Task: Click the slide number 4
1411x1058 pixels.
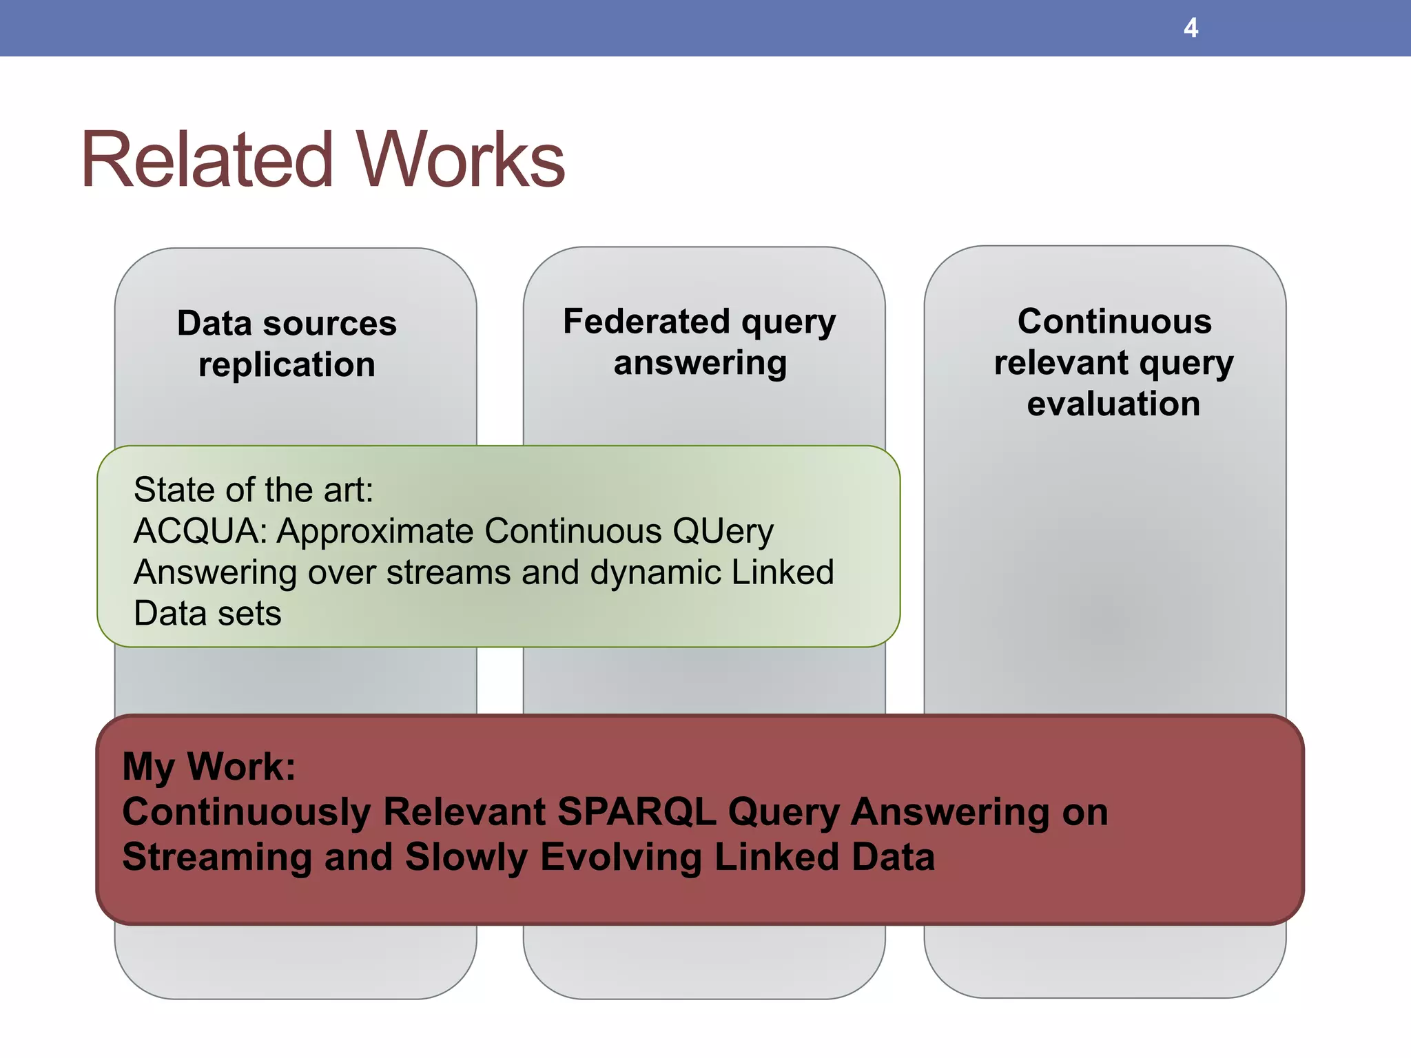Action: tap(1191, 28)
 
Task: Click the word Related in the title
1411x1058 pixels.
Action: tap(207, 160)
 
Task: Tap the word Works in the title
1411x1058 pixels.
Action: tap(460, 160)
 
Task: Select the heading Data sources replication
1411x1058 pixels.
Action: tap(287, 344)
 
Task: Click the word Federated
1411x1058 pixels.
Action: tap(646, 322)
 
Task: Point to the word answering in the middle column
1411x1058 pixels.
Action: tap(700, 363)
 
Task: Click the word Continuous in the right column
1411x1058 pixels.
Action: tap(1114, 322)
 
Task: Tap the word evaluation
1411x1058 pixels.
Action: tap(1113, 404)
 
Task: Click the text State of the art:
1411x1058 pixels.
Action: tap(253, 490)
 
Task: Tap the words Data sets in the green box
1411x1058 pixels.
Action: tap(207, 613)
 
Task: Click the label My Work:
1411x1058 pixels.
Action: tap(209, 766)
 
